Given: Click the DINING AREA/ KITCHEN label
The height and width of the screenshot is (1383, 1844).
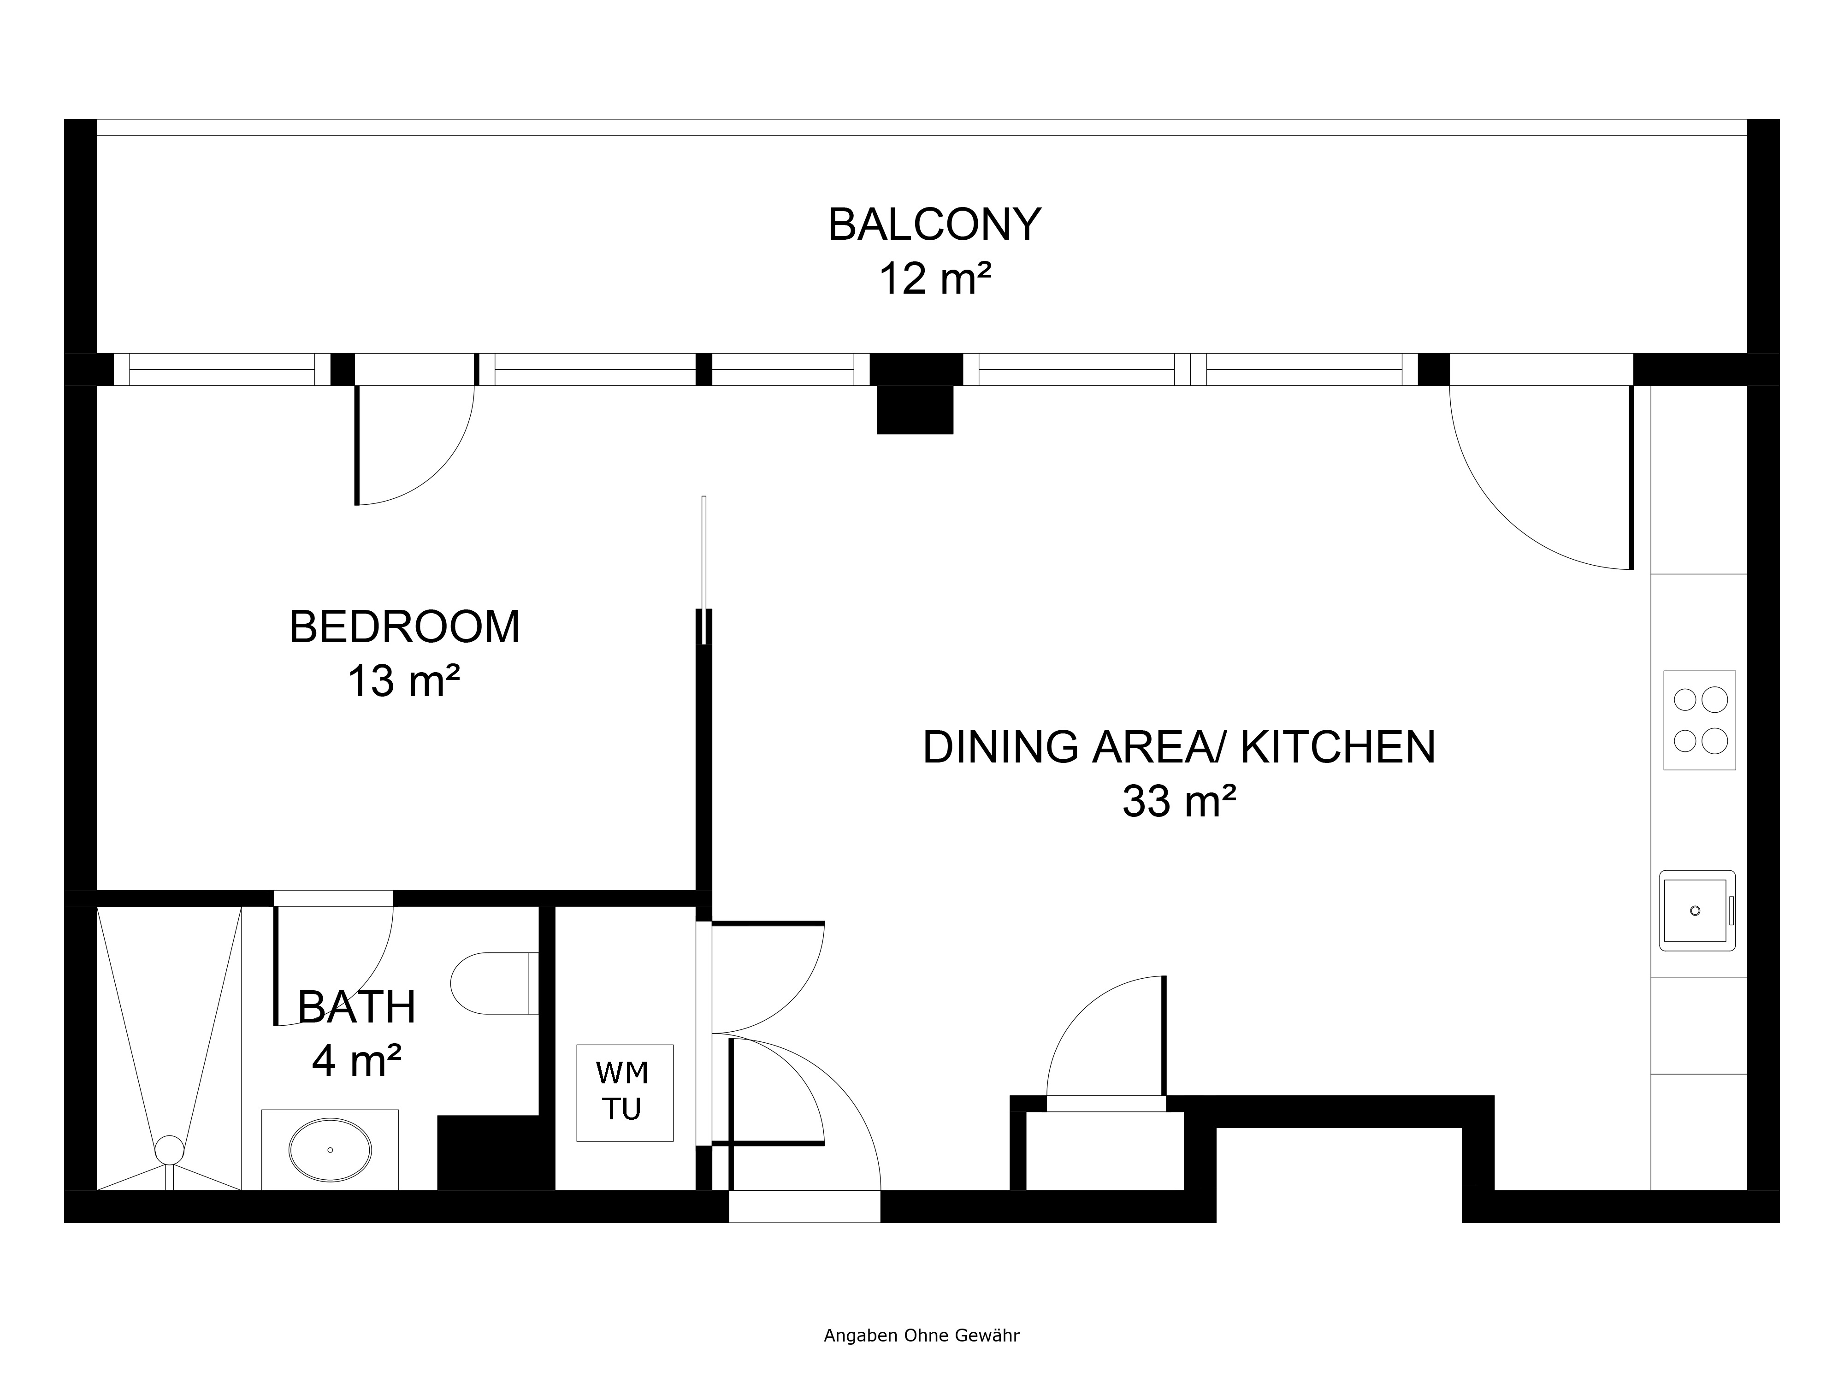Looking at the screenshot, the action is tap(1179, 747).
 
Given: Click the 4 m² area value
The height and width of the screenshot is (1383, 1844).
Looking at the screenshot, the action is tap(357, 1061).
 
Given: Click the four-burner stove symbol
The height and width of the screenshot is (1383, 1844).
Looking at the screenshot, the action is tap(1700, 720).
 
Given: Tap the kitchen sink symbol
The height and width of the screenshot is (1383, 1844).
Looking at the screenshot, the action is tap(1697, 911).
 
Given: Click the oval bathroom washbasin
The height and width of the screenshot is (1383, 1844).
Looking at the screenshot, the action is tap(330, 1150).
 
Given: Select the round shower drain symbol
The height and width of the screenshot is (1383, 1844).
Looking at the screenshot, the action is tap(169, 1150).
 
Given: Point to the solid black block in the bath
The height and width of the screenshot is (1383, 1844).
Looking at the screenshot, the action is tap(496, 1153).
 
